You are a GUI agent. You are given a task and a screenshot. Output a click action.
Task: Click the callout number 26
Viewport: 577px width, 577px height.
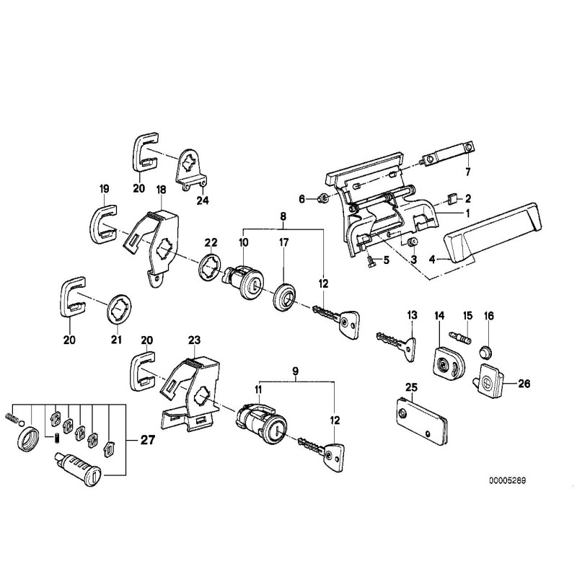point(524,384)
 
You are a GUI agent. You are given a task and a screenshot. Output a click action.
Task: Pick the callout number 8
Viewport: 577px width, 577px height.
point(282,216)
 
